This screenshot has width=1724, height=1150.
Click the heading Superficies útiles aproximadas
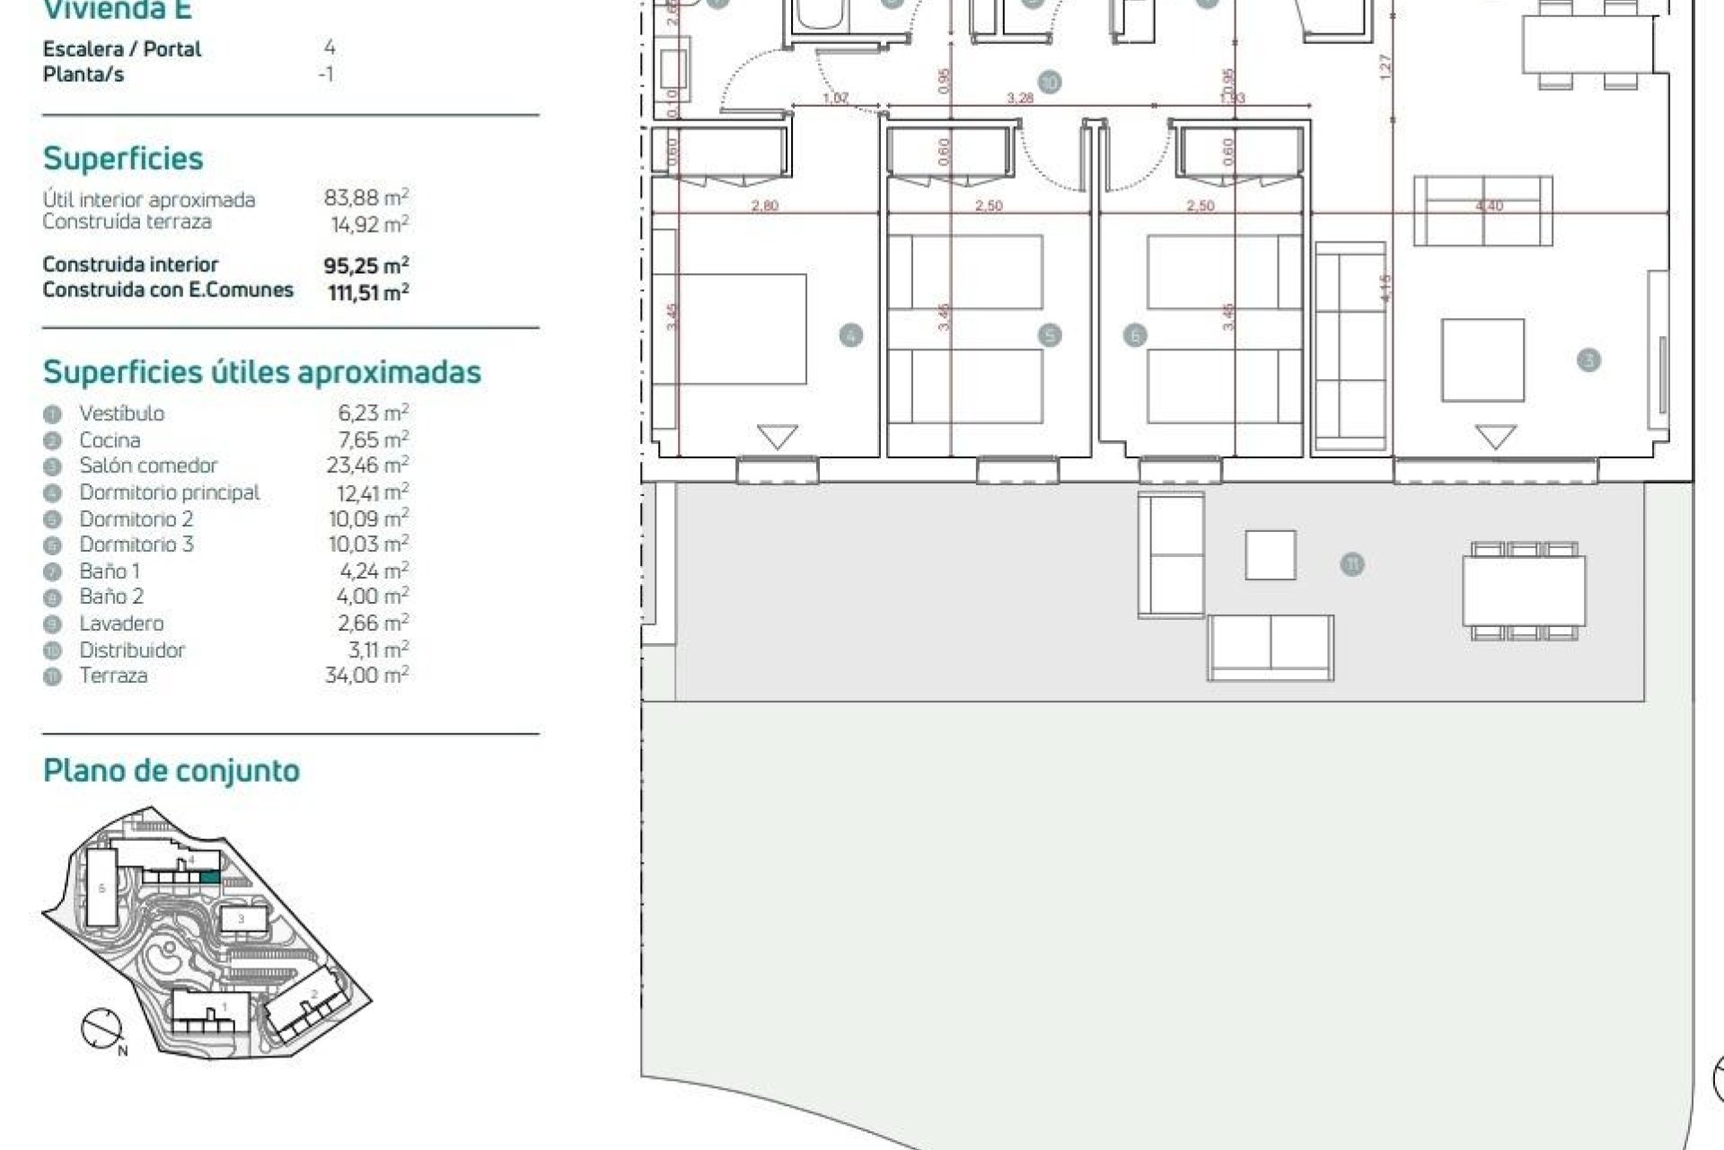[262, 372]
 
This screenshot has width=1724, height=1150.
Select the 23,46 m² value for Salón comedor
[367, 465]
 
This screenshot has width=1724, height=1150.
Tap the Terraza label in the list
[113, 676]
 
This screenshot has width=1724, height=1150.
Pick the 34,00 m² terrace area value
[366, 675]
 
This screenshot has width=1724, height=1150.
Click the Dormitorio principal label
[169, 492]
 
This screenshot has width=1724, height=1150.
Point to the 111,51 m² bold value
[368, 292]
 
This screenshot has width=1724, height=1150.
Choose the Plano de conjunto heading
[172, 771]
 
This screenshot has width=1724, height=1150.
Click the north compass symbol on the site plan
[101, 1030]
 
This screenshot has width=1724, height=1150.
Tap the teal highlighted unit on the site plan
[209, 877]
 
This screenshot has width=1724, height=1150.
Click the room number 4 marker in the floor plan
[850, 336]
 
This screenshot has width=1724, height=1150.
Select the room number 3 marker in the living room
[1588, 360]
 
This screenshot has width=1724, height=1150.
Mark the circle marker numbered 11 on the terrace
[1351, 565]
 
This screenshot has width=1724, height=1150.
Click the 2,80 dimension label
[764, 206]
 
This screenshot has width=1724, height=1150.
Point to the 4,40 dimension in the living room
[1489, 206]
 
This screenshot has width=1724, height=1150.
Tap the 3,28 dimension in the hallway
[1020, 98]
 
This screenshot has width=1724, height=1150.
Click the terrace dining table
[1524, 591]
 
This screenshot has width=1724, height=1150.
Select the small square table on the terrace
[1270, 555]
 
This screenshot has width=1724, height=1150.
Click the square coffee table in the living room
[1482, 360]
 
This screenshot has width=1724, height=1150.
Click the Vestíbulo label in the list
[122, 413]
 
